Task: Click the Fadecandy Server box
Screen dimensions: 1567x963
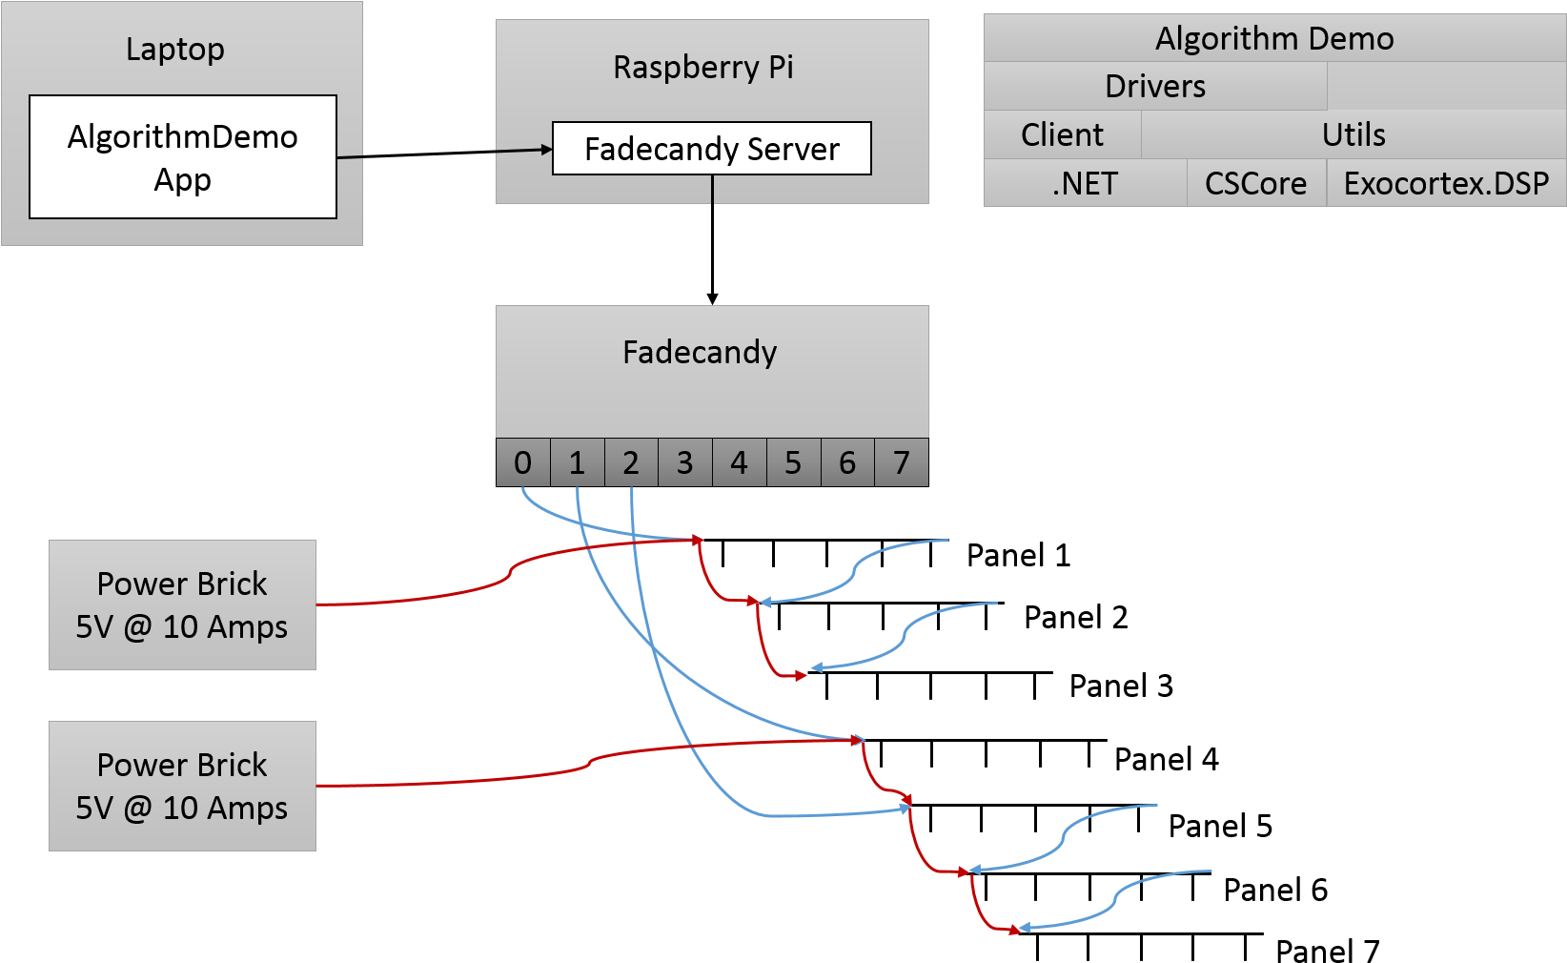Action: coord(711,149)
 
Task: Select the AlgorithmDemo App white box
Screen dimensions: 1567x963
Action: coord(183,156)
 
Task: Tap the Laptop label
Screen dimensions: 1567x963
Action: coord(174,49)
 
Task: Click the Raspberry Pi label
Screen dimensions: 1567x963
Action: coord(703,67)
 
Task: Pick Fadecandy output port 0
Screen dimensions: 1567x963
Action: coord(522,462)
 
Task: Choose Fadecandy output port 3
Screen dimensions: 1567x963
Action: coord(685,462)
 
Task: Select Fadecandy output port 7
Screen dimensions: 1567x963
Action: coord(902,462)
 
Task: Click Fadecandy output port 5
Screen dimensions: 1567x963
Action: coord(793,462)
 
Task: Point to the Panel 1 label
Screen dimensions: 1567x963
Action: coord(1019,555)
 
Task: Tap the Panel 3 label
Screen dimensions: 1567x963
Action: coord(1121,686)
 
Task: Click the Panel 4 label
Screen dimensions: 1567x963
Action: coord(1167,759)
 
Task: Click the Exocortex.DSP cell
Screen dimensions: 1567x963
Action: coord(1446,183)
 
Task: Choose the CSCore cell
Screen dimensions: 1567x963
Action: coord(1256,183)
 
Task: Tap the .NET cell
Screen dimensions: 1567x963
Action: coord(1085,183)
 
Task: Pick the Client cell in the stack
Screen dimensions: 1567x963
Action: coord(1063,134)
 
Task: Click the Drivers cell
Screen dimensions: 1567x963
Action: coord(1155,86)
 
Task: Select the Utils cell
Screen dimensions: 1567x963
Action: coord(1353,134)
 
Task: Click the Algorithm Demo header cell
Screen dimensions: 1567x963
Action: coord(1274,38)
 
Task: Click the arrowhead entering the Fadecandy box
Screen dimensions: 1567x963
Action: coord(712,299)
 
